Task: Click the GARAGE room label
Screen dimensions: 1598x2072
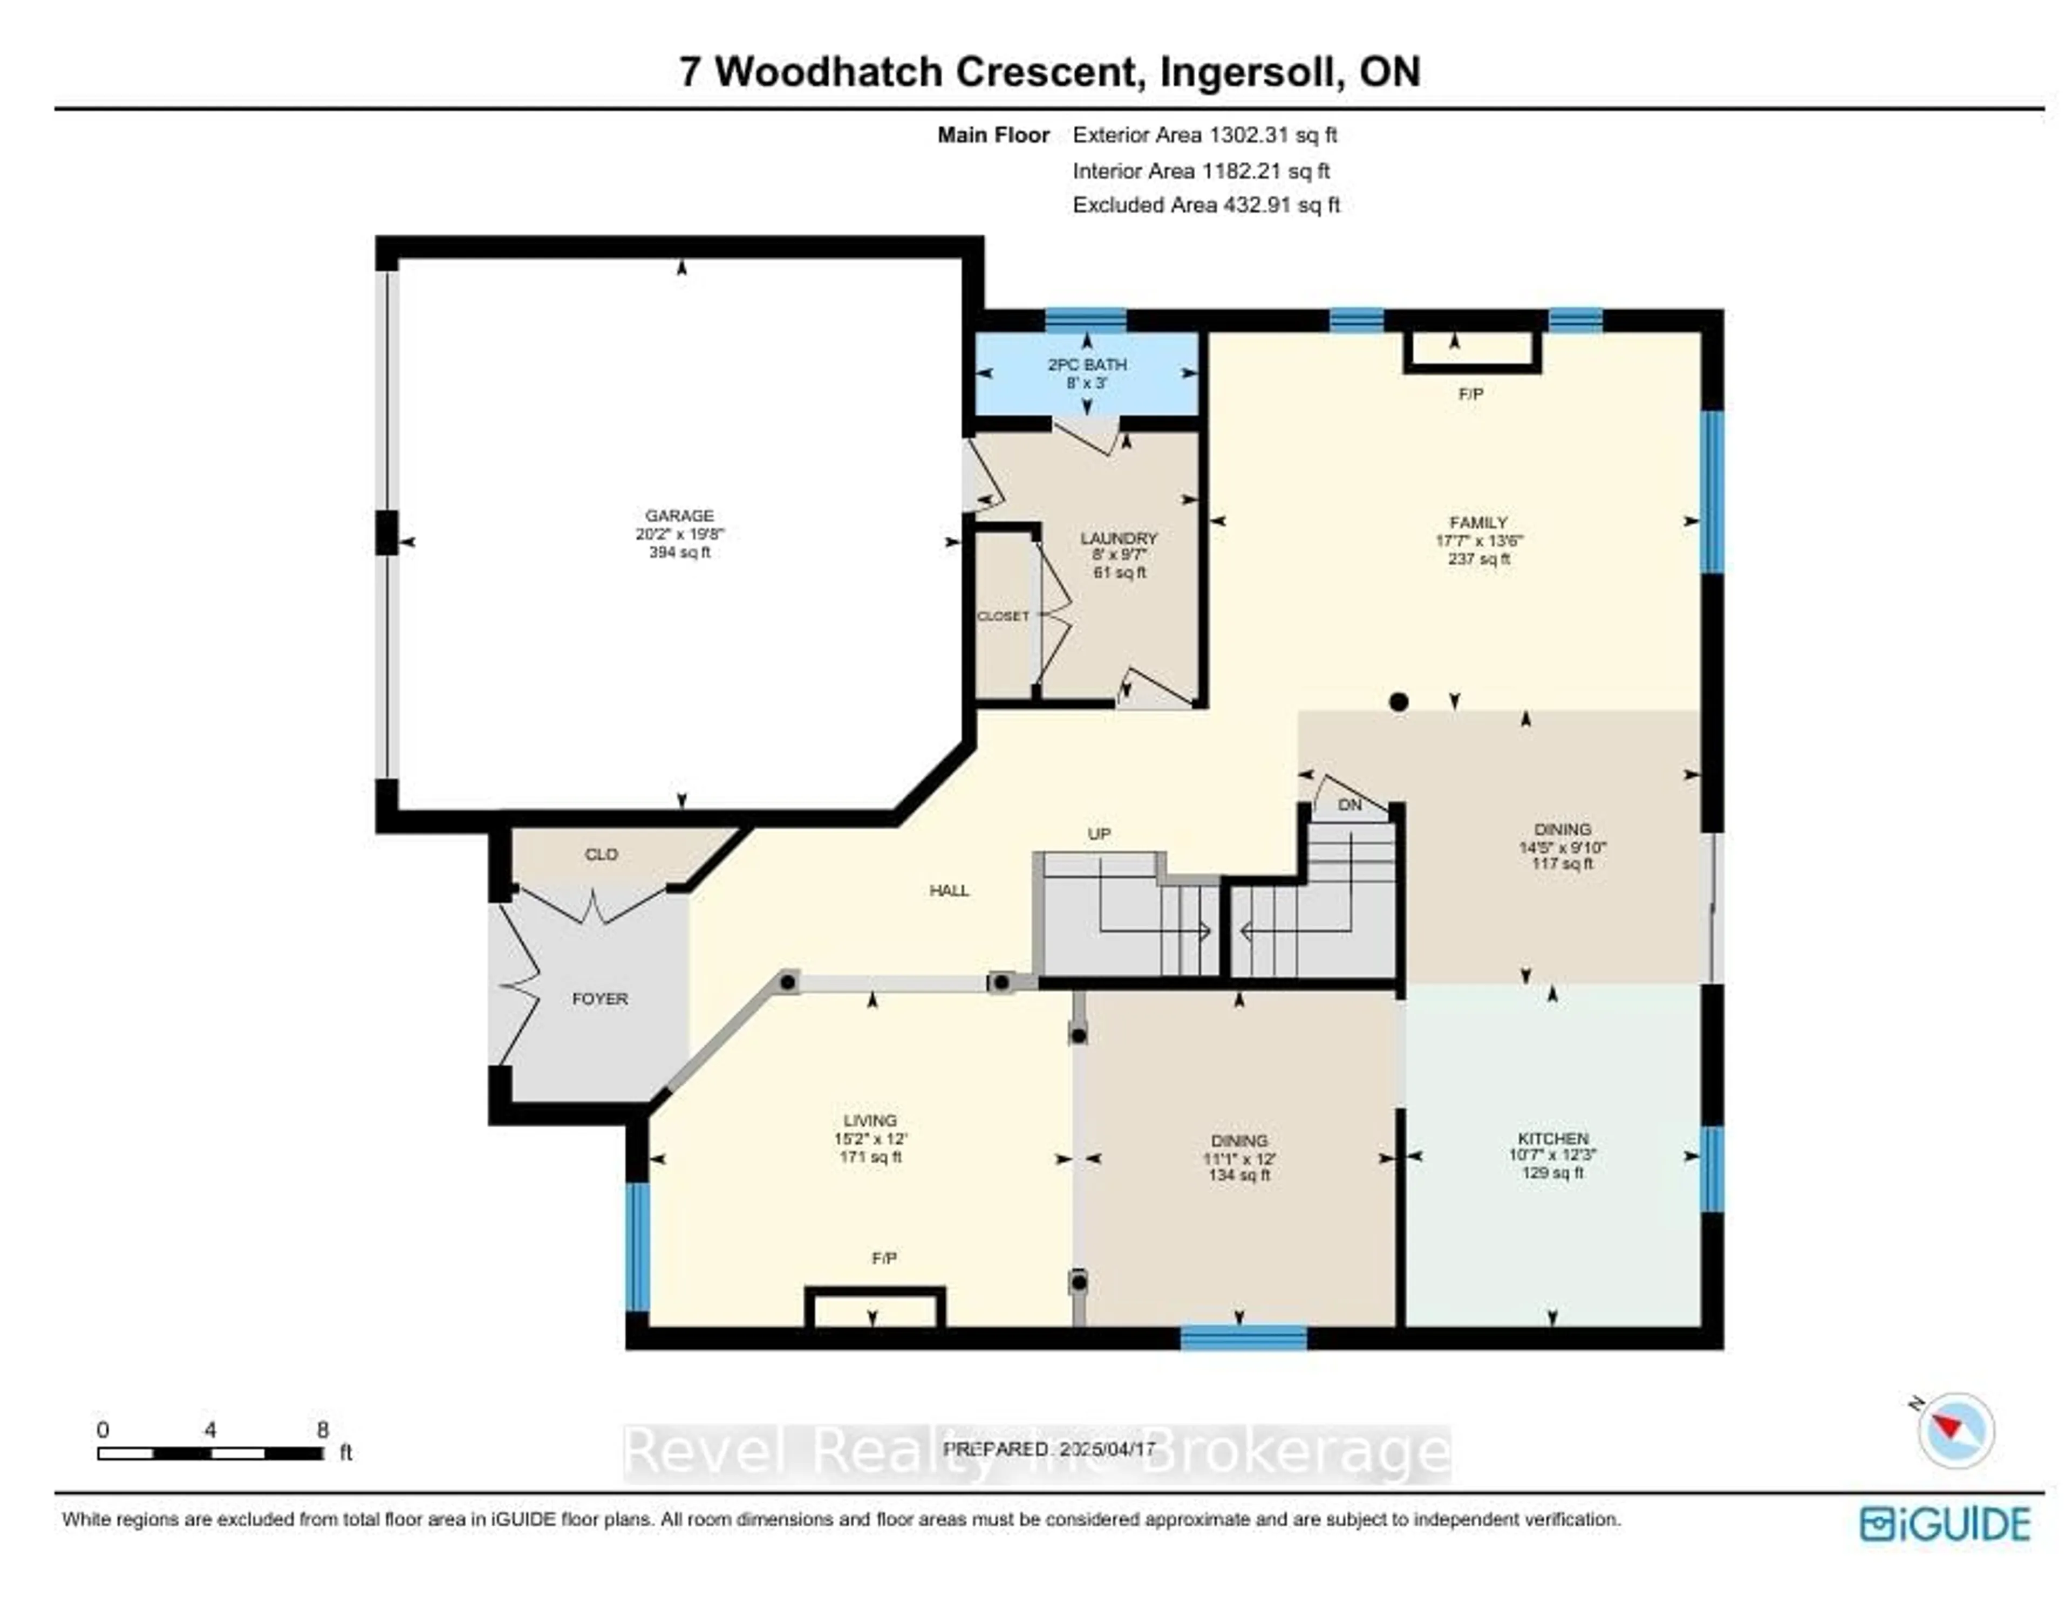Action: [679, 516]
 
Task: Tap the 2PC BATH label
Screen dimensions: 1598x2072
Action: [1087, 364]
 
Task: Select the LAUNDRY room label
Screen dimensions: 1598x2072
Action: [1120, 538]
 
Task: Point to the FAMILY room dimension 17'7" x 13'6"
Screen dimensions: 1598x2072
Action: [1478, 541]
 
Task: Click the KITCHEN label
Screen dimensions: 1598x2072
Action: [1552, 1138]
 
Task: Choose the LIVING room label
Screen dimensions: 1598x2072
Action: [870, 1120]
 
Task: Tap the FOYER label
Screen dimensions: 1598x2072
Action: [599, 999]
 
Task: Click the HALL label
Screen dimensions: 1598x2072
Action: [949, 891]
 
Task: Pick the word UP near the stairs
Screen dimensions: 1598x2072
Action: [1099, 834]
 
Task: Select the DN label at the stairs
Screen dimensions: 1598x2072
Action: [1349, 805]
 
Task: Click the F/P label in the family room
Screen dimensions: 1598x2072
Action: [1470, 394]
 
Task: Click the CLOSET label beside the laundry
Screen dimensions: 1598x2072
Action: [1003, 617]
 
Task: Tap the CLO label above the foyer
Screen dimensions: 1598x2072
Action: [601, 855]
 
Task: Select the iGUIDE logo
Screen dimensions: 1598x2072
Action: [1945, 1524]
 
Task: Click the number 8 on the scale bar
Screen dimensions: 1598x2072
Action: [323, 1429]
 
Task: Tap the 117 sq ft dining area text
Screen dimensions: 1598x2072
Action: [1562, 864]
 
